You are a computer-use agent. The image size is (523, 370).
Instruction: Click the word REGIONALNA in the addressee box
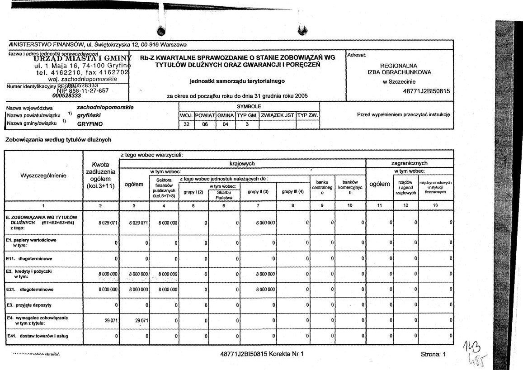[399, 65]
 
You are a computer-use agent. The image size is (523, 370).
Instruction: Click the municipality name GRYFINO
[90, 123]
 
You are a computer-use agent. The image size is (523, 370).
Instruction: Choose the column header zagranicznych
[409, 163]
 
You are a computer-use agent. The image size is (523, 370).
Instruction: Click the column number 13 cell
[436, 206]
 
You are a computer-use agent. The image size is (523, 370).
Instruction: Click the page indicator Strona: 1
[433, 355]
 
